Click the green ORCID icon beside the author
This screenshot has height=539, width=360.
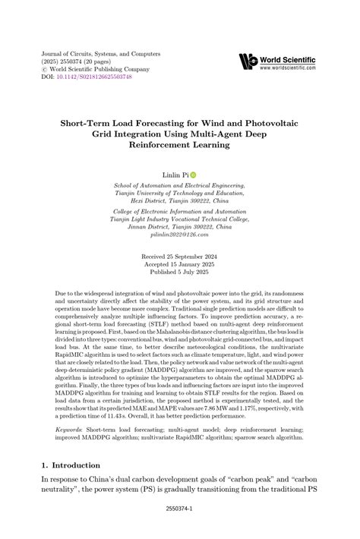(x=193, y=175)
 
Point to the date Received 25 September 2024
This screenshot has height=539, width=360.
(x=179, y=257)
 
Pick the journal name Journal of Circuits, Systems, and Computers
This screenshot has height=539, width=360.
(x=100, y=55)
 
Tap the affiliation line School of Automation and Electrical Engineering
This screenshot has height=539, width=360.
(x=178, y=186)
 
